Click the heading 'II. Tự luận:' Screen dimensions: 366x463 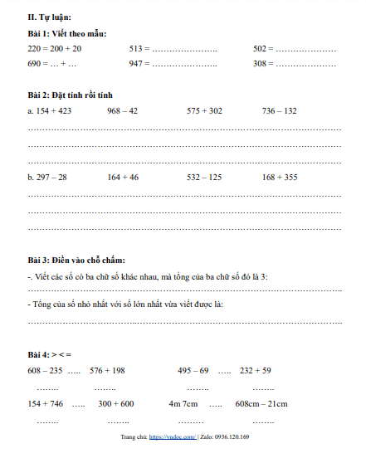coord(49,17)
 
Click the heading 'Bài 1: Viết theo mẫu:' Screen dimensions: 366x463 coord(67,33)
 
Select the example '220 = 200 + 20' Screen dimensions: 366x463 coord(54,49)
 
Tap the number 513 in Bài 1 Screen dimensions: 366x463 coord(137,49)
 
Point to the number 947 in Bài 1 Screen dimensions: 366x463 coord(137,63)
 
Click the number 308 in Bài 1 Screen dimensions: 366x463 coord(261,63)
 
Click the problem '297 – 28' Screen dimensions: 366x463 coord(51,177)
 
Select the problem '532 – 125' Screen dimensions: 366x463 coord(204,177)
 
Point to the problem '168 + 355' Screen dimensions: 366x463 coord(280,177)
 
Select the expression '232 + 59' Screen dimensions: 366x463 coord(256,370)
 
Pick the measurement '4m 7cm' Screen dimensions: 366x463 coord(183,404)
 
